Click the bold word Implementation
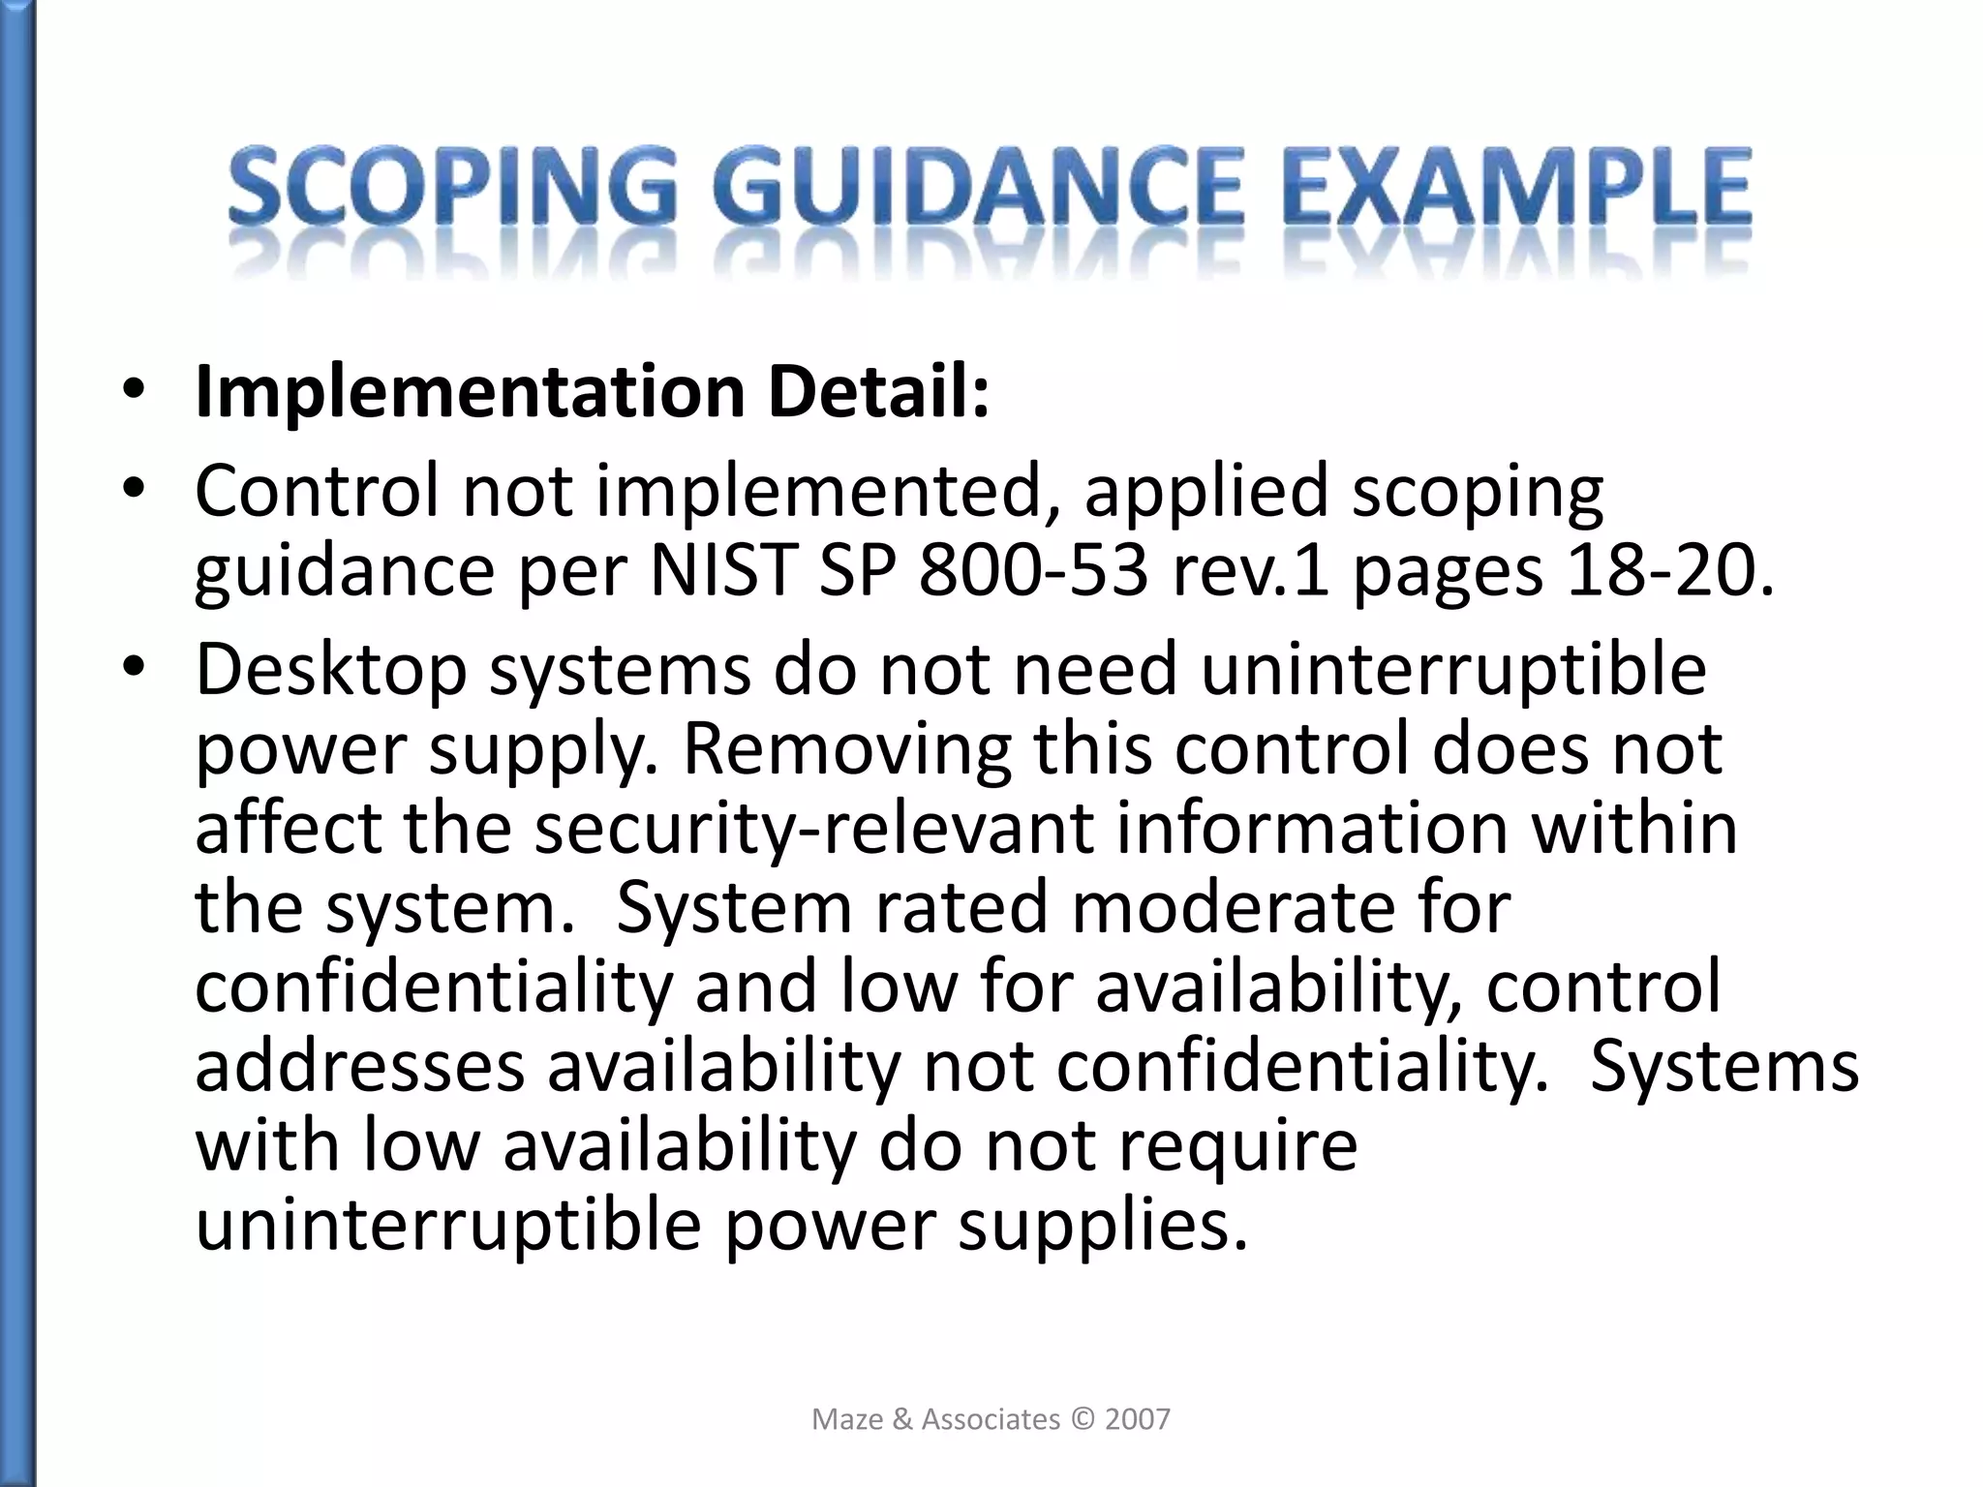point(470,393)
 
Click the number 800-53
point(1032,571)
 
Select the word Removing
point(846,750)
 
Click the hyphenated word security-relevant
point(813,829)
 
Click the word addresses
point(359,1066)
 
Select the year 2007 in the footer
point(1138,1419)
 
